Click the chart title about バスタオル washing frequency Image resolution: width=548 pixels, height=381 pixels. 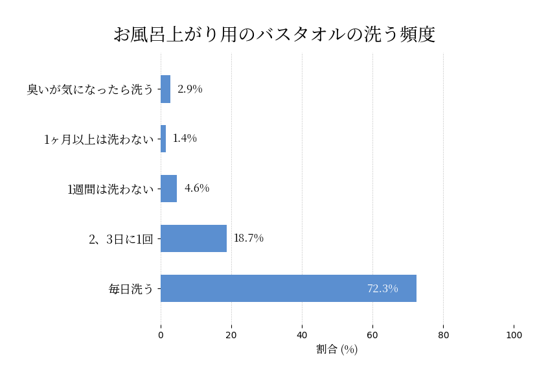pos(274,34)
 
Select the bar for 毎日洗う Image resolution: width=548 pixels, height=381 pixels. pos(288,288)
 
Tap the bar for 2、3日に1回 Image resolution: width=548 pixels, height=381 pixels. pos(194,238)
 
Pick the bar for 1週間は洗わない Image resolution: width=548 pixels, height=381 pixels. pos(168,189)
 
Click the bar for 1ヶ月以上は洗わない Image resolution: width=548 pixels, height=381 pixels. pos(163,139)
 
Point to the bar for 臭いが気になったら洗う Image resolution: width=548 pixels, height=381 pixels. pos(165,89)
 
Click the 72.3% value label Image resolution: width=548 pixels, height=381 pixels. pos(382,288)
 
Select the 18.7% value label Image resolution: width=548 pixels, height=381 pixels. pos(249,238)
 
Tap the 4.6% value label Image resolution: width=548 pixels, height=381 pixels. pos(197,189)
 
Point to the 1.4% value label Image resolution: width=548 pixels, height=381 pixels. pos(185,139)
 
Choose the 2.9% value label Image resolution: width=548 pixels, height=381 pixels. pos(190,89)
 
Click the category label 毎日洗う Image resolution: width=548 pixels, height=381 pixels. pos(131,289)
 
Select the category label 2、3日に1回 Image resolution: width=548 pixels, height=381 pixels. pos(121,239)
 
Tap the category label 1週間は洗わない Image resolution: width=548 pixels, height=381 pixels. pos(111,189)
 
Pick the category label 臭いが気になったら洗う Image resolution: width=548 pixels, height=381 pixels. pos(90,89)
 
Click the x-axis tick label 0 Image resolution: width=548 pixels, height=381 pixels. pos(161,336)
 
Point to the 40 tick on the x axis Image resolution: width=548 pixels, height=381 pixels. pos(302,336)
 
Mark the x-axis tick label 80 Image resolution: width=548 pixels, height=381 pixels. pos(443,336)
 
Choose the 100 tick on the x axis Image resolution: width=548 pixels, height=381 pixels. pos(514,336)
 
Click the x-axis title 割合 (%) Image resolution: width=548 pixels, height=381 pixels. pos(337,350)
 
